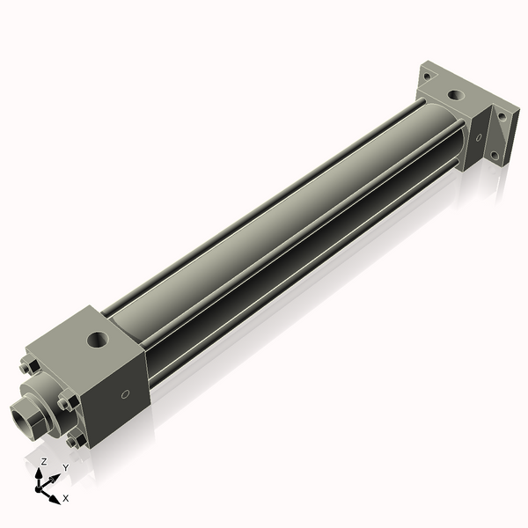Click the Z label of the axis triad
[44, 461]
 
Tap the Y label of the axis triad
[64, 468]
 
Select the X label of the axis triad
[66, 498]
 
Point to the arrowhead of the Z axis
[40, 473]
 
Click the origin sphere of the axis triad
[41, 485]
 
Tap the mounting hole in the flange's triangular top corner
[429, 76]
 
